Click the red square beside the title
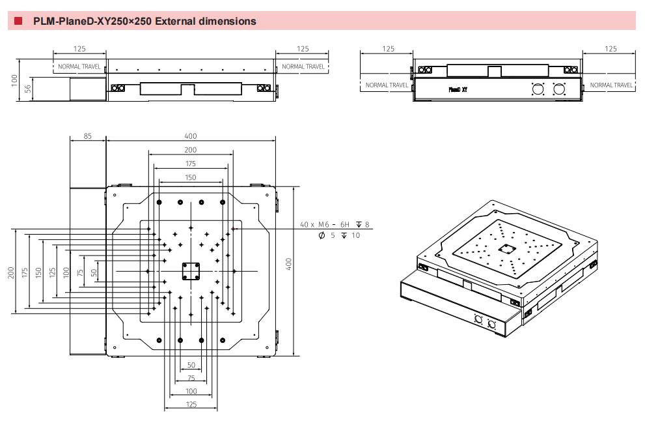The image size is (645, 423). pyautogui.click(x=18, y=22)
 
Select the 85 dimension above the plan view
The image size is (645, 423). pyautogui.click(x=88, y=136)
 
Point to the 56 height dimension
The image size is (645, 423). pyautogui.click(x=28, y=89)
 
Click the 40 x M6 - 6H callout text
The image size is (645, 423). pyautogui.click(x=325, y=225)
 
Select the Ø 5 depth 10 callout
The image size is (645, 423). pyautogui.click(x=339, y=235)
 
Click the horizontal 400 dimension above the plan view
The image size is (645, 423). pyautogui.click(x=190, y=136)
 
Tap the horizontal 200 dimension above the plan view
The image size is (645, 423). pyautogui.click(x=190, y=150)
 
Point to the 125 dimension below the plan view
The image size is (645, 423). pyautogui.click(x=190, y=405)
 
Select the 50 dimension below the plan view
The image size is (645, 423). pyautogui.click(x=191, y=365)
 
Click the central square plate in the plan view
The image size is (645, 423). pyautogui.click(x=191, y=270)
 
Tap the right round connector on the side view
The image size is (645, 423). pyautogui.click(x=558, y=89)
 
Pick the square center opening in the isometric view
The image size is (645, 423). pyautogui.click(x=506, y=248)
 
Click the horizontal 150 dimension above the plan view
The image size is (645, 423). pyautogui.click(x=190, y=177)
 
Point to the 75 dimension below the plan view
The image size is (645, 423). pyautogui.click(x=191, y=378)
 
